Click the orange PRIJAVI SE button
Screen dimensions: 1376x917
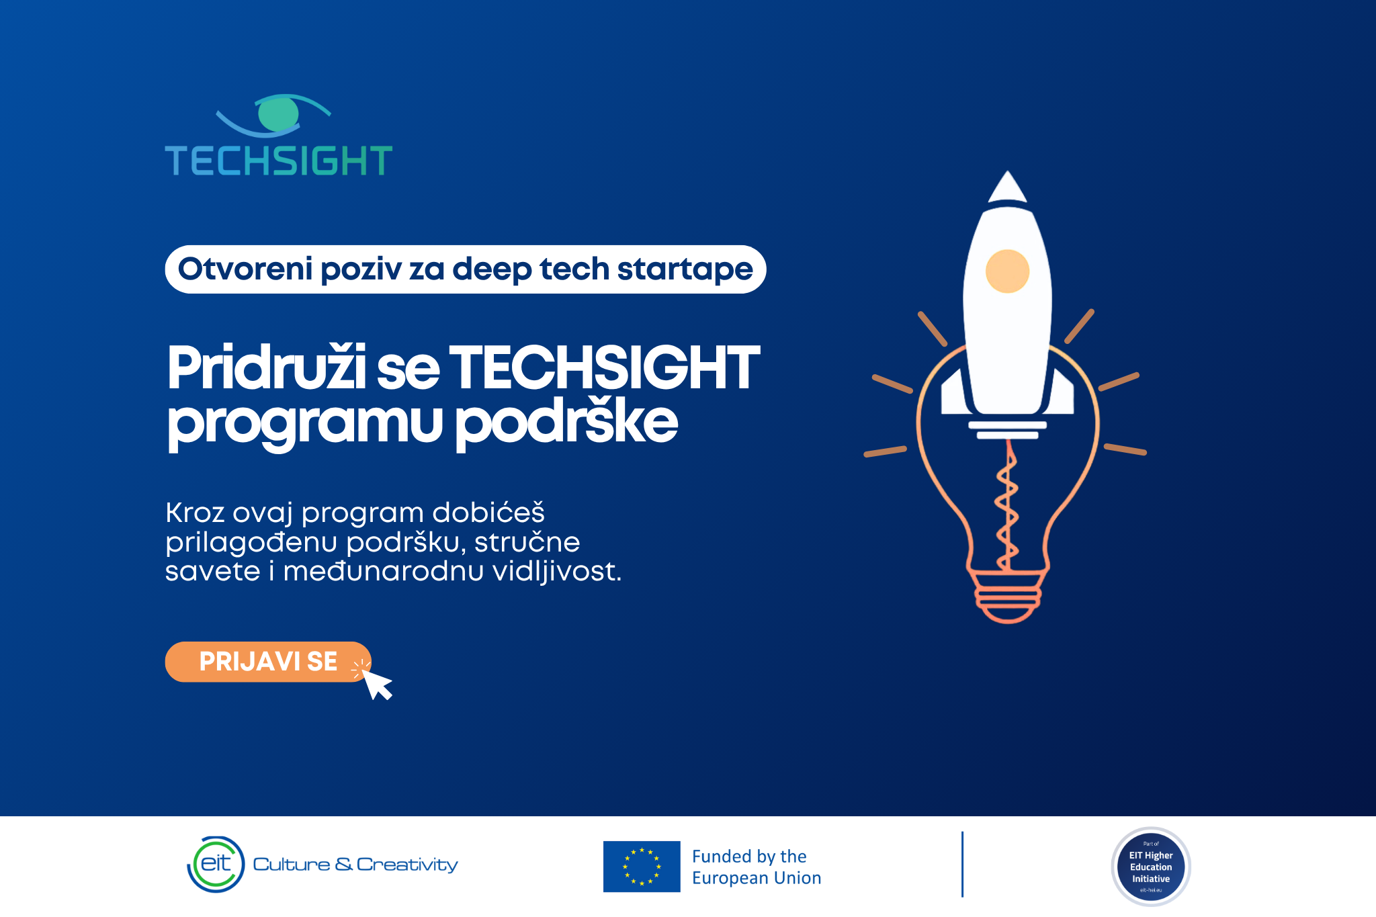click(268, 662)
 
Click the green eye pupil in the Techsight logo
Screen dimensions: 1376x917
click(278, 113)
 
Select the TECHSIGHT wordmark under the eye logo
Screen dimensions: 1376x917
click(279, 161)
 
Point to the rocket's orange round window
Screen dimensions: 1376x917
click(1007, 271)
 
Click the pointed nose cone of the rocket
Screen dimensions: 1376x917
click(1007, 187)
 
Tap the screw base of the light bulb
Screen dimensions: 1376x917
click(1007, 596)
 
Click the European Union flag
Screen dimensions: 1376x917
click(642, 867)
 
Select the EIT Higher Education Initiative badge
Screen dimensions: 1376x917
click(1151, 867)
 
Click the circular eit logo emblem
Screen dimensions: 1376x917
click(216, 865)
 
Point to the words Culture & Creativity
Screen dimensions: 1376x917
click(355, 865)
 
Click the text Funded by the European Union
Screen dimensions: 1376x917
click(757, 867)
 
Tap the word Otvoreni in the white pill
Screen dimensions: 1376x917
click(245, 269)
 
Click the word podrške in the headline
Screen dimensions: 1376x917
click(567, 423)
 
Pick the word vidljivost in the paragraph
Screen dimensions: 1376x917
click(557, 572)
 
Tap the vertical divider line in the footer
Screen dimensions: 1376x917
click(962, 865)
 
